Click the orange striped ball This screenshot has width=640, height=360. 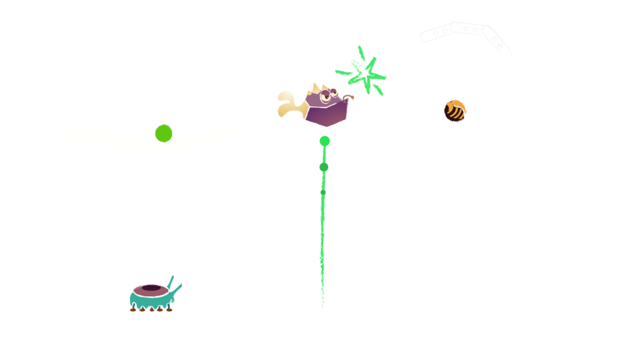click(455, 111)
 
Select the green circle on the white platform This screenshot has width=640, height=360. click(164, 132)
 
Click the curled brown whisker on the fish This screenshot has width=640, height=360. click(348, 97)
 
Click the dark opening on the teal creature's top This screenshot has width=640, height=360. click(152, 289)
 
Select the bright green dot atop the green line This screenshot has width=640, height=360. click(324, 141)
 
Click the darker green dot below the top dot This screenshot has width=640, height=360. click(324, 167)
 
